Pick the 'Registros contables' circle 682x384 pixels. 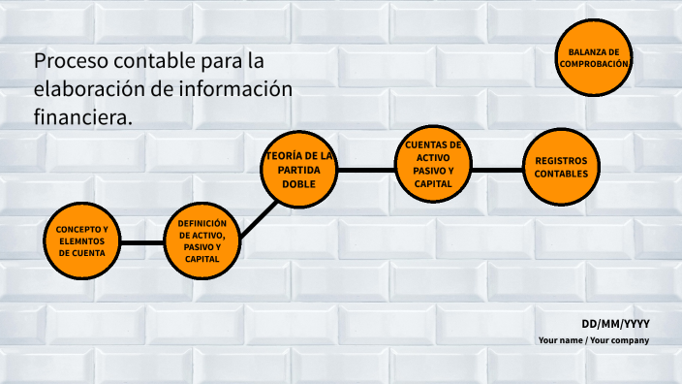(x=561, y=168)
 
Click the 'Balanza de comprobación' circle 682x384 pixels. (x=594, y=57)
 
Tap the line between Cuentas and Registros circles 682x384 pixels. (x=496, y=170)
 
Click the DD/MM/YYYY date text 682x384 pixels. (x=615, y=323)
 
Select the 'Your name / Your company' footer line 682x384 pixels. (x=594, y=340)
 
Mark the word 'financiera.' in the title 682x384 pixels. (x=82, y=116)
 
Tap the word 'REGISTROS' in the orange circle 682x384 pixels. (x=561, y=161)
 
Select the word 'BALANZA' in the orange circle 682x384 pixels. (x=594, y=50)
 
